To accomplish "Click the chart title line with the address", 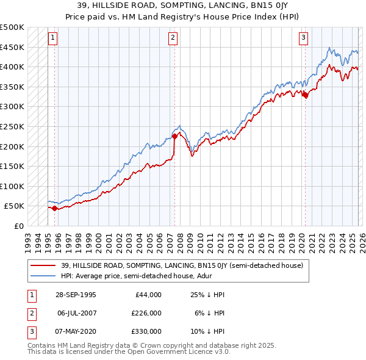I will pyautogui.click(x=183, y=4).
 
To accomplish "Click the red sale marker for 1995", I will pyautogui.click(x=55, y=209).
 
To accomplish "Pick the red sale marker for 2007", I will pyautogui.click(x=174, y=136).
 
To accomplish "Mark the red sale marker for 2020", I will pyautogui.click(x=305, y=95).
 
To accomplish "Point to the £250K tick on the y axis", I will pyautogui.click(x=12, y=126).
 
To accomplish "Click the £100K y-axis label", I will pyautogui.click(x=12, y=186).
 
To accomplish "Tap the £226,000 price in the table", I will pyautogui.click(x=147, y=313).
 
